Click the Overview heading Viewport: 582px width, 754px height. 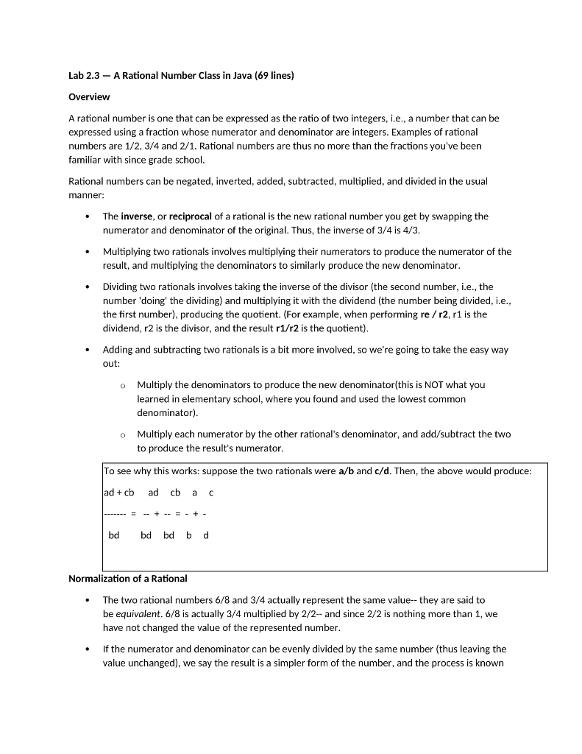[89, 97]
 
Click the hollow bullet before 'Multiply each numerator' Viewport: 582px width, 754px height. [123, 435]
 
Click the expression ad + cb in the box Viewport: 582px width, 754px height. [119, 493]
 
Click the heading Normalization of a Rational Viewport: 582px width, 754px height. [128, 579]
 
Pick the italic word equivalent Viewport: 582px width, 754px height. [135, 614]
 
